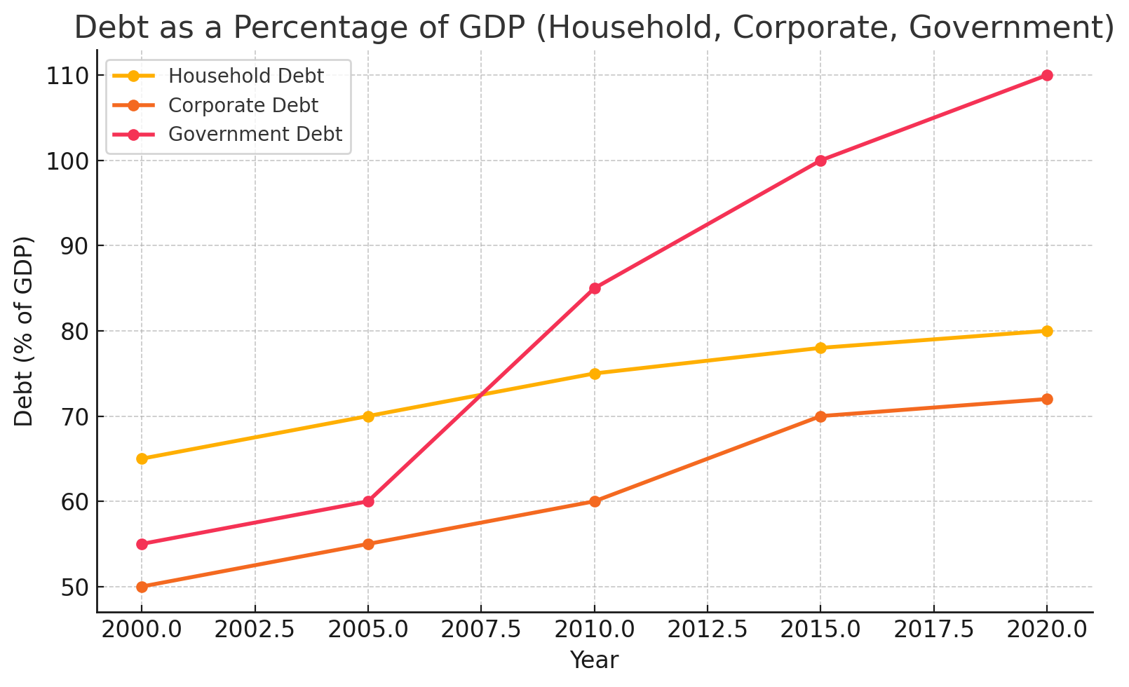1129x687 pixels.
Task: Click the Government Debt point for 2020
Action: (x=1047, y=75)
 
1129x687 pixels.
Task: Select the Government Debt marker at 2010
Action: (x=595, y=288)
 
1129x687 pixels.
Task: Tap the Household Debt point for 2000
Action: (x=142, y=458)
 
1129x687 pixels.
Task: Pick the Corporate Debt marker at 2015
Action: (x=820, y=416)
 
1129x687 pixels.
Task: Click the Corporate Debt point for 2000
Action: (x=142, y=587)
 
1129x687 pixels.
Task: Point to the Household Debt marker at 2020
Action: (x=1047, y=331)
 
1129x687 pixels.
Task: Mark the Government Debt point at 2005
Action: (x=368, y=501)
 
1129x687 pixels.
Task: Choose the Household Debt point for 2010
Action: (x=595, y=374)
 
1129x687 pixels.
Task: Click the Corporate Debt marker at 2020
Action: (x=1047, y=399)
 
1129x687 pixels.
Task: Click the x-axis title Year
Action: (x=594, y=660)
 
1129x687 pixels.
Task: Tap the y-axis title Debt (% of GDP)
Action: (x=24, y=331)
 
